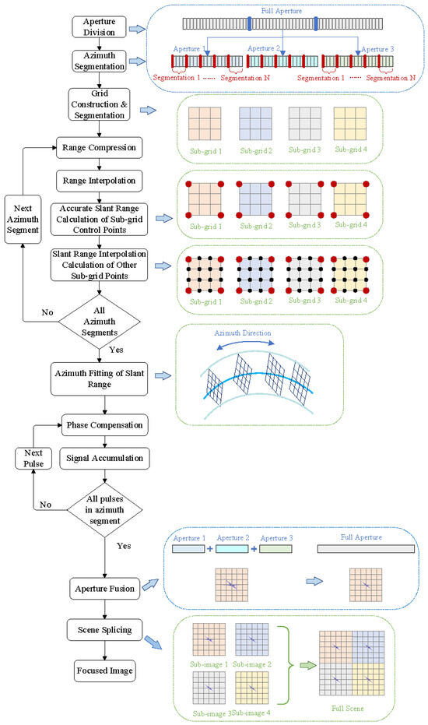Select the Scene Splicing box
pyautogui.click(x=105, y=631)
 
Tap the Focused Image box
pyautogui.click(x=105, y=670)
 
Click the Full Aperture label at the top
pyautogui.click(x=280, y=10)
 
